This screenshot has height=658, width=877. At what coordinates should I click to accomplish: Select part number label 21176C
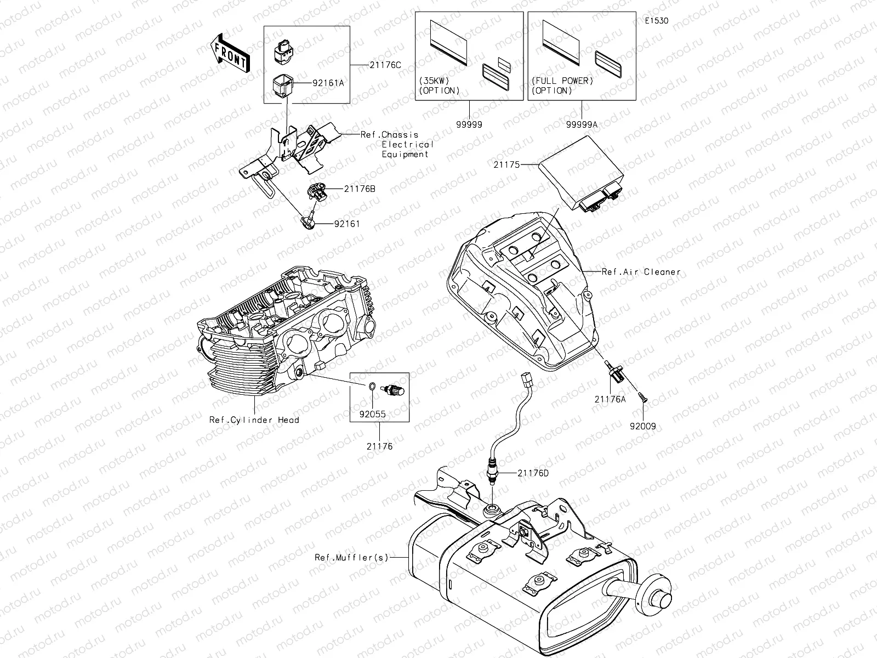(385, 65)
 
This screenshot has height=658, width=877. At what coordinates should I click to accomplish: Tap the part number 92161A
(328, 83)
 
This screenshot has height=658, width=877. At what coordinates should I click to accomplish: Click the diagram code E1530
(656, 21)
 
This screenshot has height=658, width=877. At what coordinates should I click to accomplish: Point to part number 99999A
(582, 124)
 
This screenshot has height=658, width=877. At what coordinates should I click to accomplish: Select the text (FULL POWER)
(562, 81)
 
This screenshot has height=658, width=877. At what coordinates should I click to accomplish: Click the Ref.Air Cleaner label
(641, 271)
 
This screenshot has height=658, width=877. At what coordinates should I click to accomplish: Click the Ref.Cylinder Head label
(254, 420)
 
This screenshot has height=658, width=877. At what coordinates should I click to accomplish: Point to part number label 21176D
(533, 473)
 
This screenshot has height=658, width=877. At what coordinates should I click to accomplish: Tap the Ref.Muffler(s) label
(351, 557)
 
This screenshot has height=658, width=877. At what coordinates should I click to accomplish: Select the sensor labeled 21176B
(316, 191)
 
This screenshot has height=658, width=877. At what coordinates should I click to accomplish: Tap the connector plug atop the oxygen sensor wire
(526, 378)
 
